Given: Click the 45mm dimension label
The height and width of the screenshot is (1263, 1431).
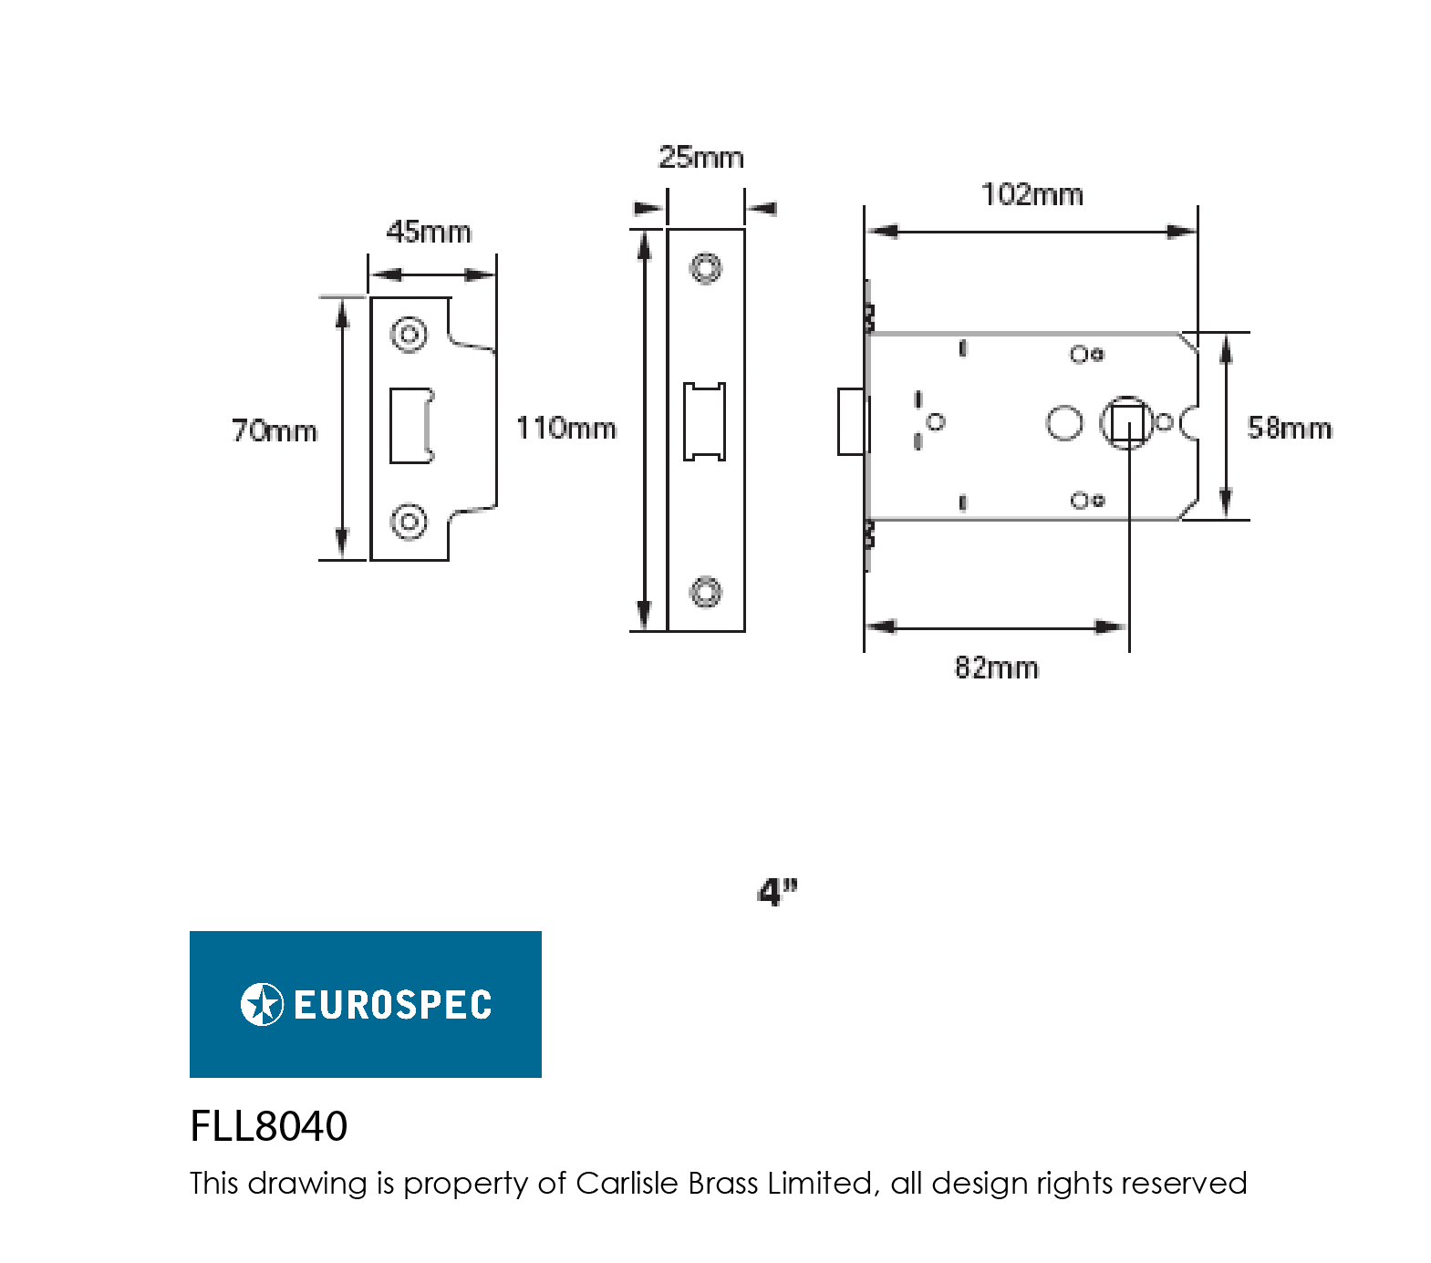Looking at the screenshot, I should [429, 233].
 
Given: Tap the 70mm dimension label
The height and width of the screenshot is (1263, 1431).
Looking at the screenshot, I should [275, 430].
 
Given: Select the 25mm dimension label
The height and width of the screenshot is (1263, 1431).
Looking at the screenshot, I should [701, 158].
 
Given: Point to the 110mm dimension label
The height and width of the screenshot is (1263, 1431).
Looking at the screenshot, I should [566, 429].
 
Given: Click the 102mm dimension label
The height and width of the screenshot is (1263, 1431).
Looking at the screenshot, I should [1032, 195].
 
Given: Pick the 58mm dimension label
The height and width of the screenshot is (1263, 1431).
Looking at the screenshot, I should [1289, 429].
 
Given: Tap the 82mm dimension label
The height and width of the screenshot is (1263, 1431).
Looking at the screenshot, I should [996, 668].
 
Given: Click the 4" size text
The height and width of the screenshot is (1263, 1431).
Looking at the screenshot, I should [777, 892].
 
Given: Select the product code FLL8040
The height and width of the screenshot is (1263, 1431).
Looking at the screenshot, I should [268, 1126].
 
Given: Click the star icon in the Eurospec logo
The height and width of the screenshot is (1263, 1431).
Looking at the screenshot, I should [262, 1005].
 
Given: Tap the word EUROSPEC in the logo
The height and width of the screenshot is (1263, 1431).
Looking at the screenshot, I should [392, 1005].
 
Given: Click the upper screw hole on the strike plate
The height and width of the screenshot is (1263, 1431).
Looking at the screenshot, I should [409, 335].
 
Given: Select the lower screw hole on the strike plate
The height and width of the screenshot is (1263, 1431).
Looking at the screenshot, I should [409, 522].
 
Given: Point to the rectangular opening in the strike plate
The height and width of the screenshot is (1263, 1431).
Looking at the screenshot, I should [410, 426].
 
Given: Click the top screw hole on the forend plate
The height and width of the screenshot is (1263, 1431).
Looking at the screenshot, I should [705, 268].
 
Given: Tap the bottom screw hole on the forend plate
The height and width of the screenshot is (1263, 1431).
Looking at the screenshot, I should [705, 592].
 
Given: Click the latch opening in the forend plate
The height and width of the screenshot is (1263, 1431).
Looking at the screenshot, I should [705, 421].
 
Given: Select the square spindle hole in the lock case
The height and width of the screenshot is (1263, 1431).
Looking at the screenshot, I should [1127, 423].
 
